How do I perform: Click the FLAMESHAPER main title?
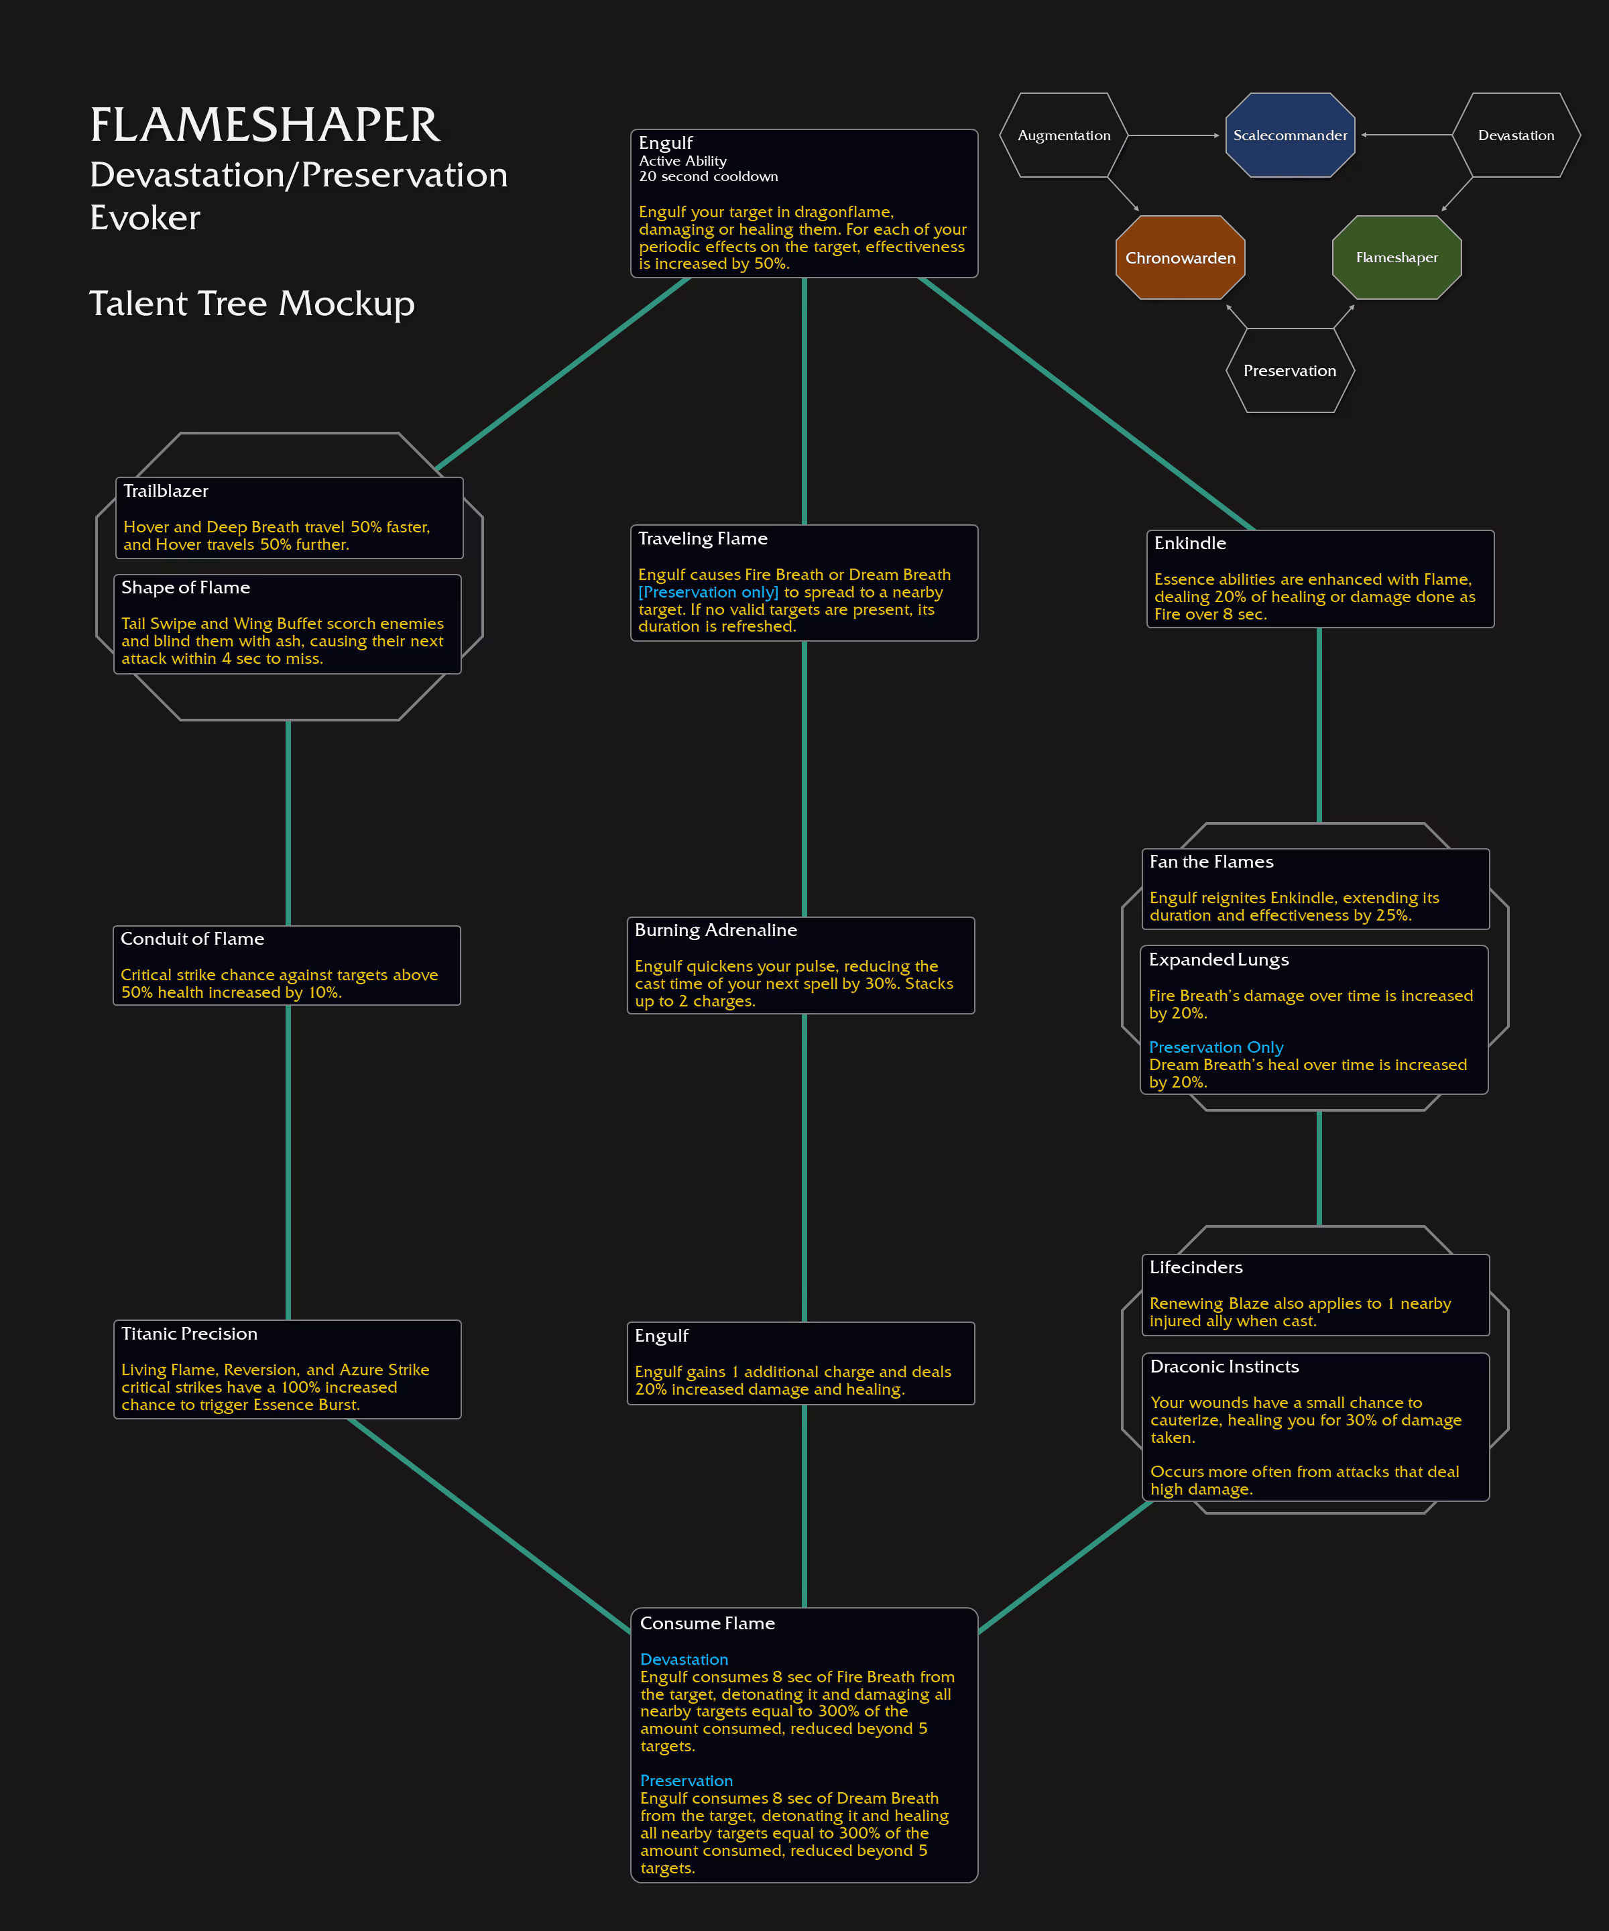pos(265,125)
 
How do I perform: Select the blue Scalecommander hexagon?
pos(1290,135)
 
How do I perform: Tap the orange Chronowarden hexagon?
pos(1181,257)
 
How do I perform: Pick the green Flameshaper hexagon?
pos(1396,257)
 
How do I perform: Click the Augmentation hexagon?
pos(1064,135)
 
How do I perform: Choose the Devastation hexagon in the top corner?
pos(1516,135)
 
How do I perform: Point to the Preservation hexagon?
pos(1290,371)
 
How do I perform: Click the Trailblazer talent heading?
pos(166,491)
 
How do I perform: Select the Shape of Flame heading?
pos(186,587)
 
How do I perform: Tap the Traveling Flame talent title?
pos(703,539)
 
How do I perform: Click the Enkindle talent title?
pos(1190,544)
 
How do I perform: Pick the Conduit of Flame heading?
pos(192,939)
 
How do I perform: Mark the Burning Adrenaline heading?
pos(715,931)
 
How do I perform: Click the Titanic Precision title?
pos(190,1334)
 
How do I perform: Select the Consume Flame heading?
pos(707,1624)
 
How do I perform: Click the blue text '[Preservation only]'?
pos(708,592)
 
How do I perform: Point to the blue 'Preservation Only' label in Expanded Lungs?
pos(1215,1047)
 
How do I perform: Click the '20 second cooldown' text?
pos(708,176)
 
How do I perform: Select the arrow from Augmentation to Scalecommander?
pos(1173,135)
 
